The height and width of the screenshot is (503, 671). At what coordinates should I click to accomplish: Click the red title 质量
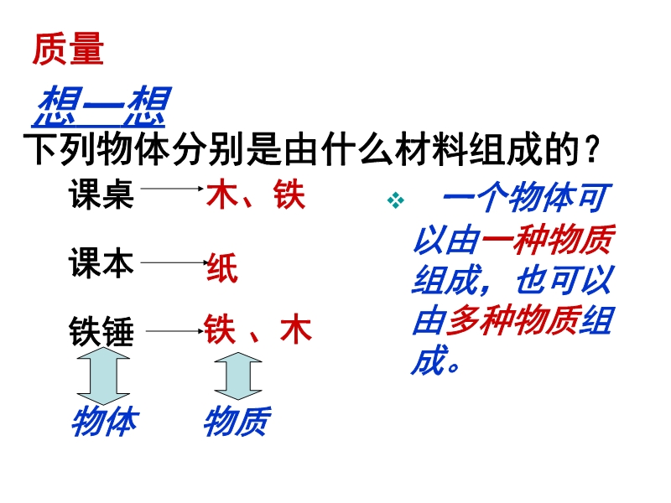point(68,49)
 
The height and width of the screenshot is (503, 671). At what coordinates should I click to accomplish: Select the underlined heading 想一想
point(101,106)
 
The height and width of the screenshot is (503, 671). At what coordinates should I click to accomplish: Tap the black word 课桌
point(101,194)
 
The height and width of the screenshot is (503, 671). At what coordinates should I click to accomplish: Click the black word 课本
point(101,262)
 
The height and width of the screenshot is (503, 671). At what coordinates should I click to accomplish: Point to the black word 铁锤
point(101,331)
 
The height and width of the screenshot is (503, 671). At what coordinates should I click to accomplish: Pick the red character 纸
point(222,267)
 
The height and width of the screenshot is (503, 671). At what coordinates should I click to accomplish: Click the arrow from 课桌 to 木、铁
point(172,188)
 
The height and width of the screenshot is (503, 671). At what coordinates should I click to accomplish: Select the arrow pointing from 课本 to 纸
point(174,262)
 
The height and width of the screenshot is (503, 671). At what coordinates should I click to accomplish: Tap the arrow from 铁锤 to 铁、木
point(174,330)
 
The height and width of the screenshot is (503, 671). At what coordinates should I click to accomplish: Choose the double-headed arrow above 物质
point(238,376)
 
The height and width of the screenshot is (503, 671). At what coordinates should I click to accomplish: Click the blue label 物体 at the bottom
point(105,422)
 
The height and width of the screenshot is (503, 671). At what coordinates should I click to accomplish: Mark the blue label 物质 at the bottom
point(237,422)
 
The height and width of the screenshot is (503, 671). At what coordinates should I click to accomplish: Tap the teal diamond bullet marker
point(395,200)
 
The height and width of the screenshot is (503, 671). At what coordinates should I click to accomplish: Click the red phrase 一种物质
point(549,240)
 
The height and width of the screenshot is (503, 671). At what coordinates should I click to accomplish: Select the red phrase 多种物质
point(512,321)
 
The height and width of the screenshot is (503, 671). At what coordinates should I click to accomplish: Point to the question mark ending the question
point(592,150)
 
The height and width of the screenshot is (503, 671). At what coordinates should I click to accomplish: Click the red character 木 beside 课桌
point(222,194)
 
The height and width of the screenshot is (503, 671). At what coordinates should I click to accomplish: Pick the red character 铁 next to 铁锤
point(220,329)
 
